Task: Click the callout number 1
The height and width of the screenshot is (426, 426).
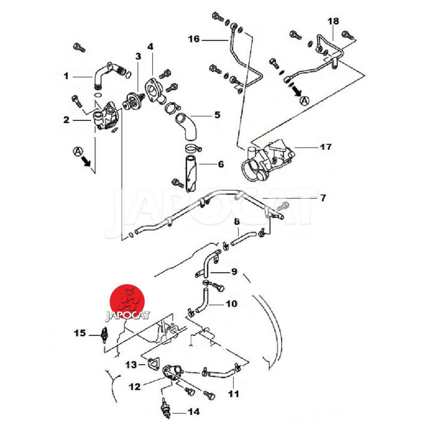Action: coord(67,76)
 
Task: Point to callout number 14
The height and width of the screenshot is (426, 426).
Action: coord(194,411)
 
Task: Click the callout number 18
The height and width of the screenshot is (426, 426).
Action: coord(333,21)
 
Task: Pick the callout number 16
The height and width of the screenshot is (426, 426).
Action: coord(194,39)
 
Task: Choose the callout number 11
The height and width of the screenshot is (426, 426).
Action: coord(234,394)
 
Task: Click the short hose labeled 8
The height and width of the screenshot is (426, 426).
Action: coord(245,238)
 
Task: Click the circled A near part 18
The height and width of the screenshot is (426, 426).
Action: coord(305,100)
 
